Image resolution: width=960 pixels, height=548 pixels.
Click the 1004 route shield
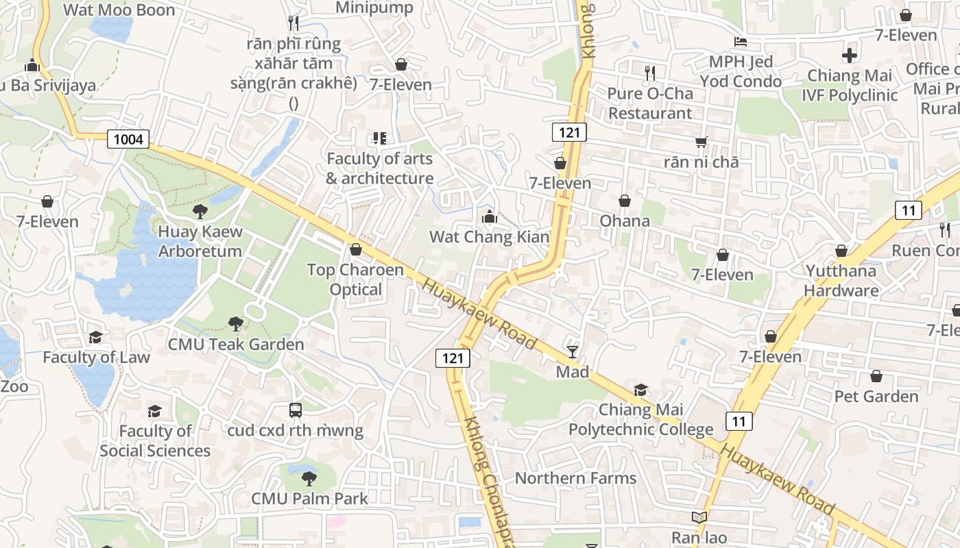click(128, 140)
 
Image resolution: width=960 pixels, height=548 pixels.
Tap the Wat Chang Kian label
click(489, 237)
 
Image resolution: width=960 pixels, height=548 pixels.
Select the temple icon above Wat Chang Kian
click(489, 218)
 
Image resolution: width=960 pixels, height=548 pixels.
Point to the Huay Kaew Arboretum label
click(200, 241)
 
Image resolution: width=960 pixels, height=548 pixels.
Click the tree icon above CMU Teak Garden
click(236, 323)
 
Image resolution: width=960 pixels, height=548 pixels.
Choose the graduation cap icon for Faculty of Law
click(95, 338)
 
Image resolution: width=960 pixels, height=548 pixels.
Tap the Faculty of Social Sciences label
click(155, 440)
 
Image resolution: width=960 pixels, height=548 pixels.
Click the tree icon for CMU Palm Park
click(309, 478)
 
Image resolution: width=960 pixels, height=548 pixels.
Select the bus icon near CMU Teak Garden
click(296, 410)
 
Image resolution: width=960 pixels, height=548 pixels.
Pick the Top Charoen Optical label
click(355, 279)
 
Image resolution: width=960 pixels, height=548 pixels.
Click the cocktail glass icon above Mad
click(573, 352)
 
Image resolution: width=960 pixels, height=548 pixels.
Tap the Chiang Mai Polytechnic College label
click(640, 420)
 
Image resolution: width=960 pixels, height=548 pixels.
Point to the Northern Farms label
click(575, 478)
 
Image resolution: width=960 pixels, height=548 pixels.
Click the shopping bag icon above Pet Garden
click(876, 377)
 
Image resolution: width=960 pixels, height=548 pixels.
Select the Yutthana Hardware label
click(841, 280)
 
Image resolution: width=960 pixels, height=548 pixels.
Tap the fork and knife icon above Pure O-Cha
click(650, 73)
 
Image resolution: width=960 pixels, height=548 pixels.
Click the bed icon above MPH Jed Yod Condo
click(741, 42)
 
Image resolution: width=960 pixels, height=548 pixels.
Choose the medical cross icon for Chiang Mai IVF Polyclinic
click(850, 55)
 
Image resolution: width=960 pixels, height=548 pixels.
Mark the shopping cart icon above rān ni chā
click(701, 142)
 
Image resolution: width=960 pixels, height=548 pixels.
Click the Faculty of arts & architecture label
click(380, 169)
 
